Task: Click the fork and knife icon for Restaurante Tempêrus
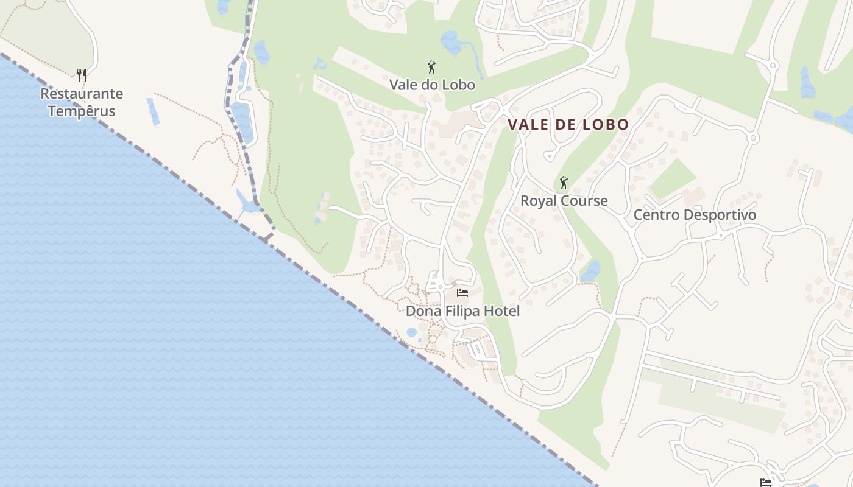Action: point(82,75)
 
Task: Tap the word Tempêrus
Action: point(82,111)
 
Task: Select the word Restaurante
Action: point(82,94)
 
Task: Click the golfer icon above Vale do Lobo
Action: point(432,67)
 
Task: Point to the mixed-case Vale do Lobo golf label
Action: point(432,85)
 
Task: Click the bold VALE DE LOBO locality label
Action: point(568,125)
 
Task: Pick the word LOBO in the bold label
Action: point(605,125)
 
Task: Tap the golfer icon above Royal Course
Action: point(564,183)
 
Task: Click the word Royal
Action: point(538,201)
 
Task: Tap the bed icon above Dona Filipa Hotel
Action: point(462,293)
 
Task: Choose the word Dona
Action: point(422,311)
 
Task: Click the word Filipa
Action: point(461,311)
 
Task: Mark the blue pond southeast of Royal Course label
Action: point(590,272)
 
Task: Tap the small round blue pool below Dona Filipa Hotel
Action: point(412,332)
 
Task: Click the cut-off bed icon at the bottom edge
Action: point(766,483)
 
